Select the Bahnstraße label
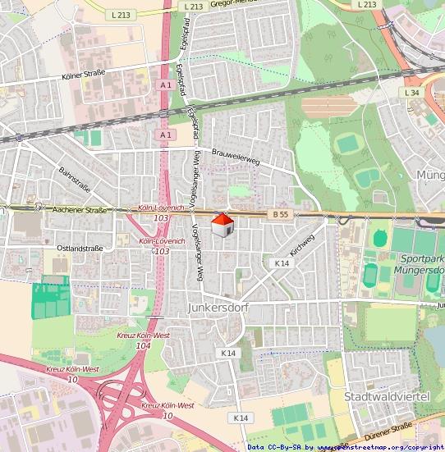pyautogui.click(x=73, y=180)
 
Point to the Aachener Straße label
pyautogui.click(x=80, y=211)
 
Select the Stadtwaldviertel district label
pyautogui.click(x=387, y=397)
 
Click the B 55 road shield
pyautogui.click(x=281, y=213)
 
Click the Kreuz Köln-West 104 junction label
pyautogui.click(x=143, y=340)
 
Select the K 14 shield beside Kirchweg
pyautogui.click(x=282, y=263)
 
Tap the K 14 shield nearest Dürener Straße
pyautogui.click(x=240, y=418)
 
